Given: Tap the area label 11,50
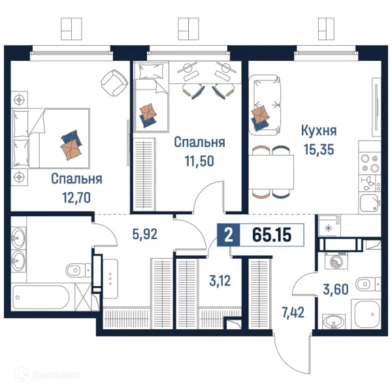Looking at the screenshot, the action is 199,161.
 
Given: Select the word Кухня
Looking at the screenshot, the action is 319,131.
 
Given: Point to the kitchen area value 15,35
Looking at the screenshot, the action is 319,150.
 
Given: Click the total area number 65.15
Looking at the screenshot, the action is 272,235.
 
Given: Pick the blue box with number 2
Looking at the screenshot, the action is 229,235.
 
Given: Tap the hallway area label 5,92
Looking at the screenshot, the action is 145,235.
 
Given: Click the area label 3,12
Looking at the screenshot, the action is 220,281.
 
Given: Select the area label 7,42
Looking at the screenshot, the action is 293,312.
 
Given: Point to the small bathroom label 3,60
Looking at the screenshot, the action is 336,289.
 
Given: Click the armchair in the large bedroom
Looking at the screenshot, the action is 114,82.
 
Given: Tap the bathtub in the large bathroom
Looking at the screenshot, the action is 41,297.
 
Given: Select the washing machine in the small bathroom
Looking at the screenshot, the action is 336,261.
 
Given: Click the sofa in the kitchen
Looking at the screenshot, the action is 265,105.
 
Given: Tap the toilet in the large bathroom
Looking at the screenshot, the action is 78,270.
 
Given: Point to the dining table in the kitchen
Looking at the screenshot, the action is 271,172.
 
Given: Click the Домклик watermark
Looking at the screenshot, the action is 47,375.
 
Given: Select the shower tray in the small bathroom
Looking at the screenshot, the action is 366,314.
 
